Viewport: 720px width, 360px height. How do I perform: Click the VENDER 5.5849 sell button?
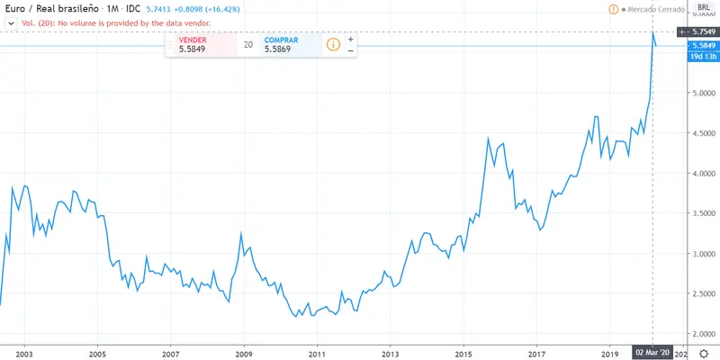pyautogui.click(x=201, y=45)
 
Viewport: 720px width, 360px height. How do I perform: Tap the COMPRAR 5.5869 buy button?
pyautogui.click(x=288, y=45)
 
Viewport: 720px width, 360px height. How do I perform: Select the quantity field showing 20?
pyautogui.click(x=247, y=45)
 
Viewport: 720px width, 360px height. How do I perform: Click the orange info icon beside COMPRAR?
pyautogui.click(x=332, y=44)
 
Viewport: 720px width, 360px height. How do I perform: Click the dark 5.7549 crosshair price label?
pyautogui.click(x=703, y=31)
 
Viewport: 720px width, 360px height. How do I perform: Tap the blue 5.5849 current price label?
pyautogui.click(x=702, y=46)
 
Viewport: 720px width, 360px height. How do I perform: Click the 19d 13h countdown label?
pyautogui.click(x=702, y=57)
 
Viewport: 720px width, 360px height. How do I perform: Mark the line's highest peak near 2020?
pyautogui.click(x=652, y=32)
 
